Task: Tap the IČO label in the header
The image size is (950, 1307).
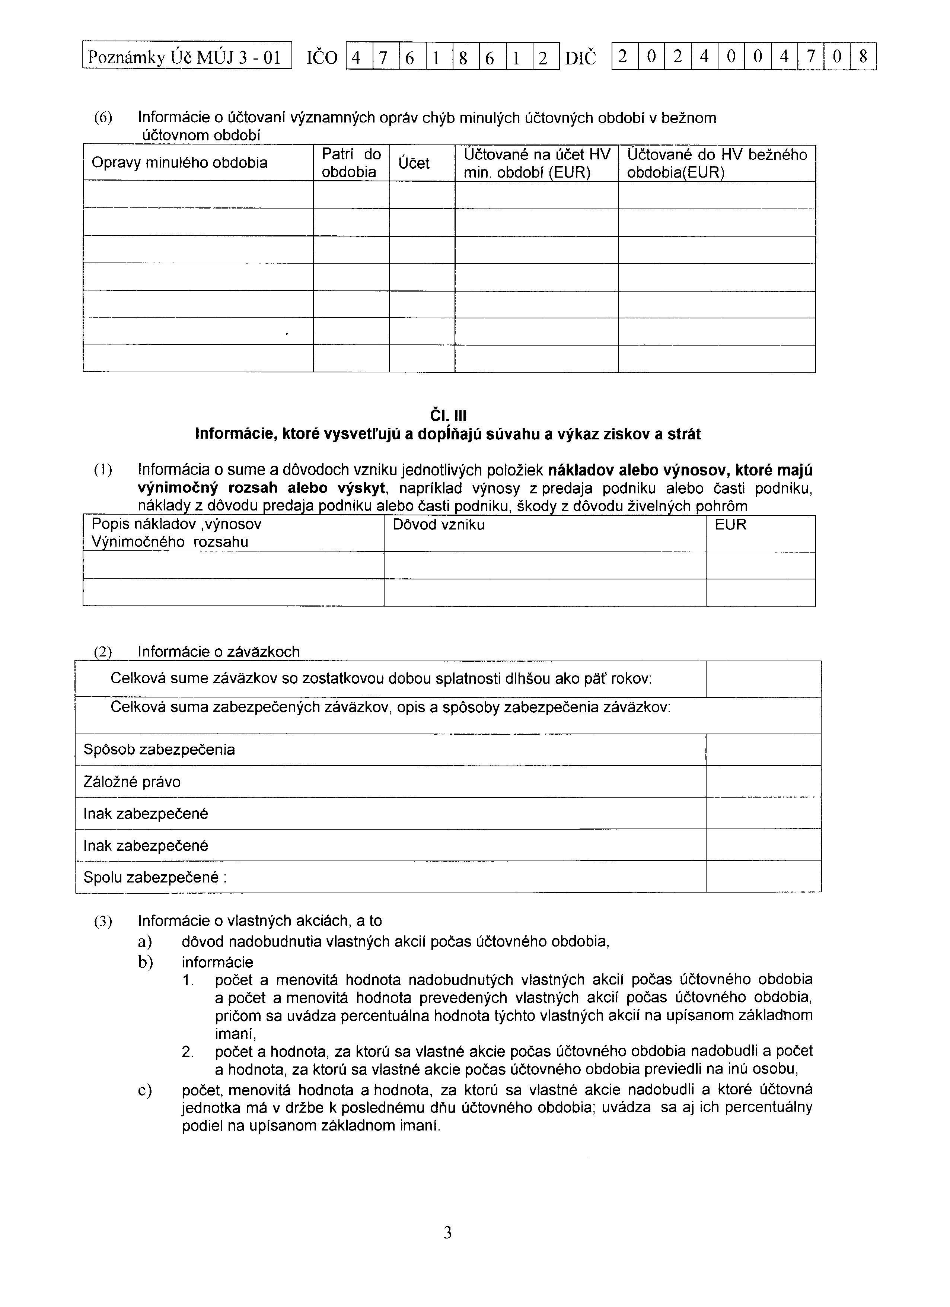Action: (x=322, y=58)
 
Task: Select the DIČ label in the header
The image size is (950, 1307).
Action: (x=581, y=58)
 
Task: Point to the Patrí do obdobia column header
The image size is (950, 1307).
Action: (x=351, y=163)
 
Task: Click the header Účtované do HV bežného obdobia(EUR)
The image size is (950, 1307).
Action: (x=717, y=163)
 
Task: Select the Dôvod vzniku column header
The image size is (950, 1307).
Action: (x=439, y=525)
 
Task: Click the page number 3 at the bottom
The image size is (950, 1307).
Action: (x=447, y=1234)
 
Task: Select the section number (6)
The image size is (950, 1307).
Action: (x=104, y=118)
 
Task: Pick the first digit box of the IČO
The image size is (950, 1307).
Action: (x=358, y=58)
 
